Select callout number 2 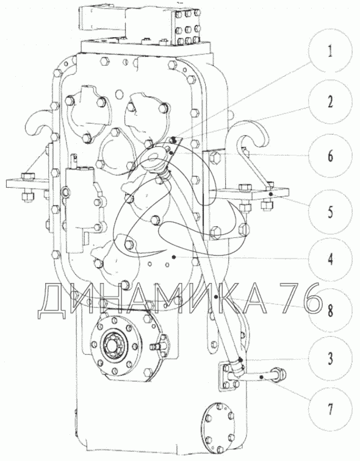pyautogui.click(x=330, y=102)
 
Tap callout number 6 pyautogui.click(x=330, y=155)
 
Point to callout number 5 pyautogui.click(x=330, y=211)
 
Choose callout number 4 pyautogui.click(x=331, y=259)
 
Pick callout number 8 pyautogui.click(x=331, y=310)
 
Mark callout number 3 pyautogui.click(x=331, y=359)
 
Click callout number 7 pyautogui.click(x=331, y=409)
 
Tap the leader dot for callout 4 pyautogui.click(x=174, y=257)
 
